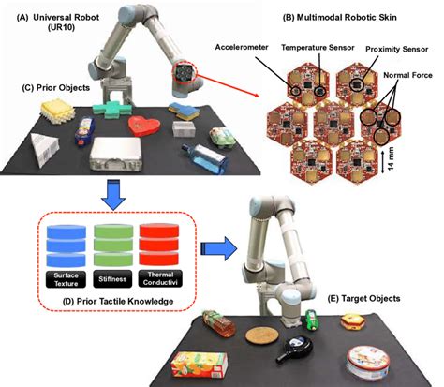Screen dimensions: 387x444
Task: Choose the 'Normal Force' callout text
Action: pyautogui.click(x=409, y=94)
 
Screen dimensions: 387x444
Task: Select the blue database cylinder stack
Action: pyautogui.click(x=66, y=246)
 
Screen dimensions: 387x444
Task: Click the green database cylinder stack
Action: pyautogui.click(x=114, y=246)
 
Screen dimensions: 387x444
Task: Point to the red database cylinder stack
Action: pyautogui.click(x=161, y=246)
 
